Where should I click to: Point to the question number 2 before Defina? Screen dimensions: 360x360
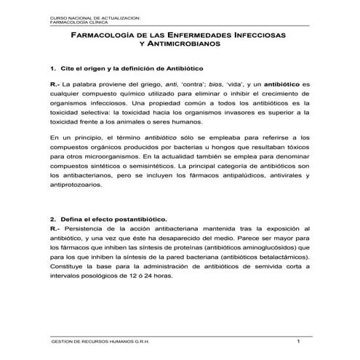coord(52,218)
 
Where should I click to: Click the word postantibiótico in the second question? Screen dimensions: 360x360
coord(138,218)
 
